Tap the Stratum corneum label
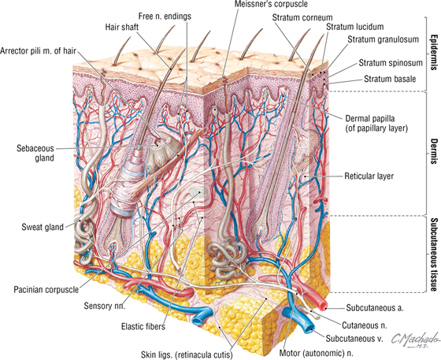[x=302, y=17]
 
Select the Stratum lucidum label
[x=355, y=27]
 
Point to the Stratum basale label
[x=390, y=79]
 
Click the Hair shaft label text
[x=122, y=27]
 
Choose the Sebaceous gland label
[x=35, y=153]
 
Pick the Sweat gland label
[x=43, y=227]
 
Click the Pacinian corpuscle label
[x=46, y=289]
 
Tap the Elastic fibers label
[x=143, y=327]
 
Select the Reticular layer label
[x=369, y=176]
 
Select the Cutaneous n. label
[x=365, y=325]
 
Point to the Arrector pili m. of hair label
[x=39, y=51]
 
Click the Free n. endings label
[x=165, y=17]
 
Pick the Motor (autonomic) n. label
[x=316, y=352]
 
